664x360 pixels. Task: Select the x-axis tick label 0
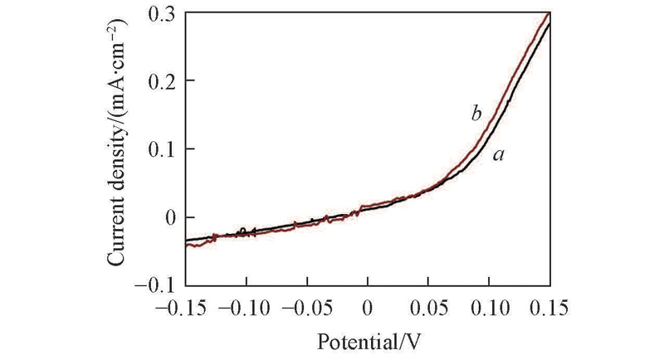[368, 309]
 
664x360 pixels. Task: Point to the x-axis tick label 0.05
[428, 309]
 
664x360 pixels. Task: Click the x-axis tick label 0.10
[489, 309]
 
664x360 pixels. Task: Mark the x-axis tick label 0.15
[549, 309]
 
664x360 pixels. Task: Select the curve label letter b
[476, 114]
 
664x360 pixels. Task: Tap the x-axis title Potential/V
[367, 340]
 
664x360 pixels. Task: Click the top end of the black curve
[549, 22]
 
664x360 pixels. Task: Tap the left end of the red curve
[186, 246]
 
